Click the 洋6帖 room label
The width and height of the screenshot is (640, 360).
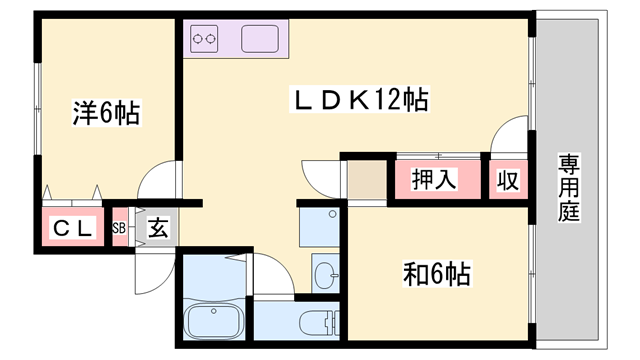pyautogui.click(x=105, y=112)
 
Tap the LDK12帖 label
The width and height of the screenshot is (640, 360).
pyautogui.click(x=360, y=99)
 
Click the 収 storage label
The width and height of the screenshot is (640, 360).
pyautogui.click(x=508, y=182)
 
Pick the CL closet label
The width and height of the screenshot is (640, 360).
pyautogui.click(x=72, y=229)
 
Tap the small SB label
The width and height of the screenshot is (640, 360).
pyautogui.click(x=119, y=228)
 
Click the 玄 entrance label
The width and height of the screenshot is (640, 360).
pyautogui.click(x=158, y=228)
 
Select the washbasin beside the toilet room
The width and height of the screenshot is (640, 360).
pyautogui.click(x=325, y=271)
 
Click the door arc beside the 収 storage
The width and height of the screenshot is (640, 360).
pyautogui.click(x=512, y=135)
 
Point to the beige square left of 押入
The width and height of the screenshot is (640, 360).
pyautogui.click(x=366, y=181)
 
